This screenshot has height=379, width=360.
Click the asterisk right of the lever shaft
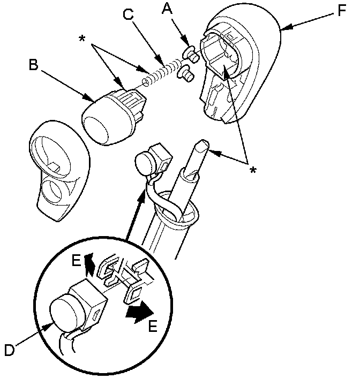tap(253, 170)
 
